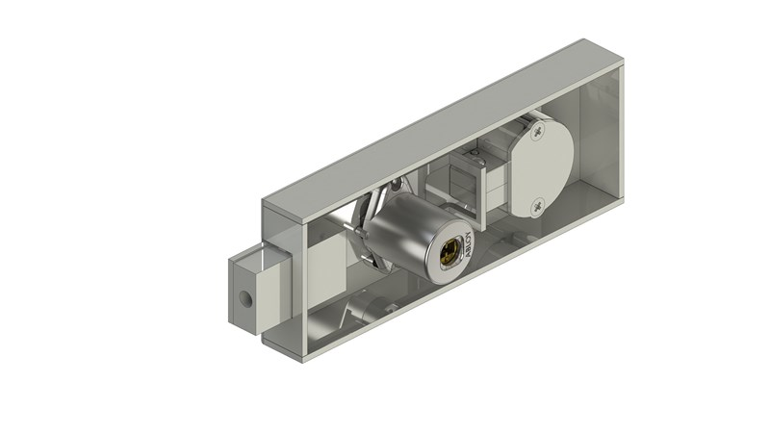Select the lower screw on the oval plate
[x=538, y=203]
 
